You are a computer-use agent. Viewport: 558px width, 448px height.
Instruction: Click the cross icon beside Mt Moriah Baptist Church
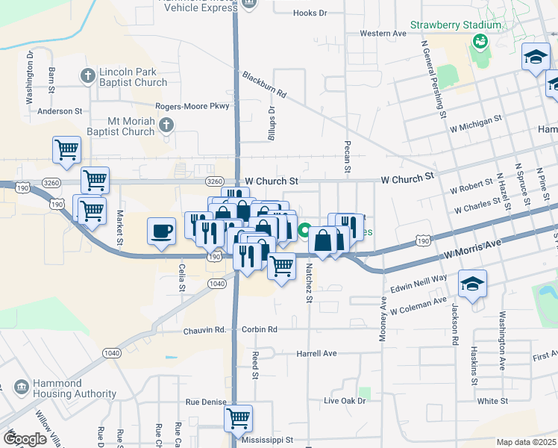coord(166,125)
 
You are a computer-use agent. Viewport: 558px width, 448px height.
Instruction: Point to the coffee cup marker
coord(161,230)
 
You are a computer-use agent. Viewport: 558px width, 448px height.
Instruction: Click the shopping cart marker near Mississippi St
coord(238,418)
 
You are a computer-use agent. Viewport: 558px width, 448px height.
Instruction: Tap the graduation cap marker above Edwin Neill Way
coord(472,284)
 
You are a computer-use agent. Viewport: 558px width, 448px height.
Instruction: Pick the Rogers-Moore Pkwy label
coord(192,107)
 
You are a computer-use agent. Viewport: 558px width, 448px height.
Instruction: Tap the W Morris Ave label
coord(472,246)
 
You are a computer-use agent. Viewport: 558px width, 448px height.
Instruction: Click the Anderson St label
coord(60,111)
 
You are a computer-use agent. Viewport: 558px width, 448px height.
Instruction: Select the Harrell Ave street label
coord(317,353)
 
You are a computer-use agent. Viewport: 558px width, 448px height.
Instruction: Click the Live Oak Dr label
coord(345,401)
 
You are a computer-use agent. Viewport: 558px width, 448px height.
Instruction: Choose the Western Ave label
coord(383,34)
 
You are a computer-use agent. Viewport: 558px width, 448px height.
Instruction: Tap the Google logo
coord(25,439)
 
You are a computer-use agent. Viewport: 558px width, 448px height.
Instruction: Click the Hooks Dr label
coord(310,13)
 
